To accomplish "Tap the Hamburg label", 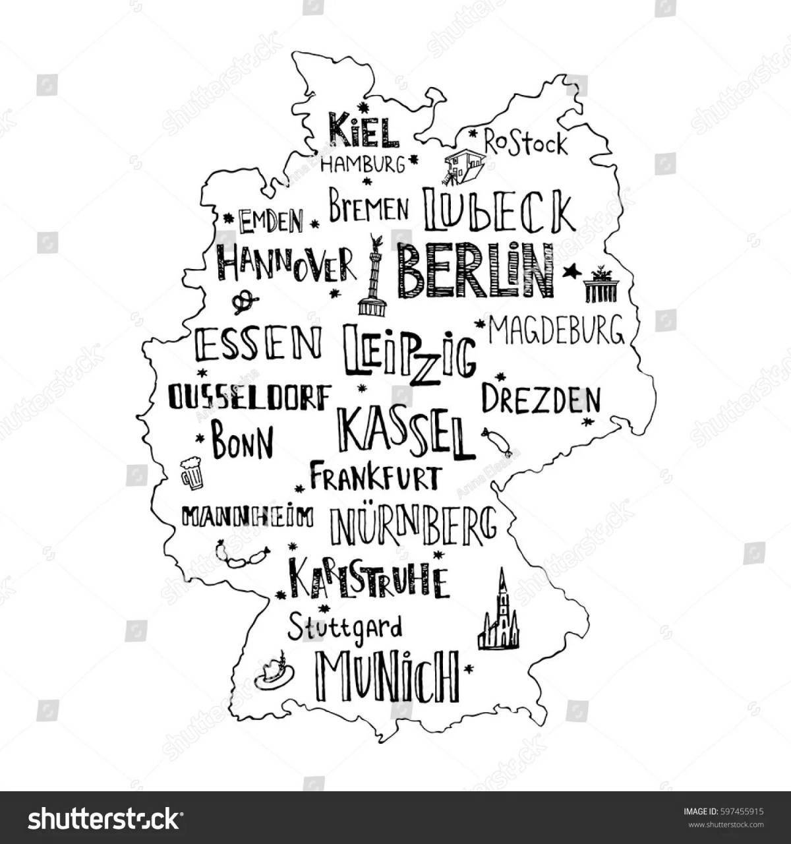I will pyautogui.click(x=363, y=164).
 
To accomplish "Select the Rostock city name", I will pyautogui.click(x=525, y=143).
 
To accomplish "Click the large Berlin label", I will pyautogui.click(x=475, y=270).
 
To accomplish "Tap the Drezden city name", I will pyautogui.click(x=541, y=398).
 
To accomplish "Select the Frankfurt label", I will pyautogui.click(x=374, y=476).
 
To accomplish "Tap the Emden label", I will pyautogui.click(x=271, y=221).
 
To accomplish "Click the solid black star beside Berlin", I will pyautogui.click(x=571, y=270).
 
